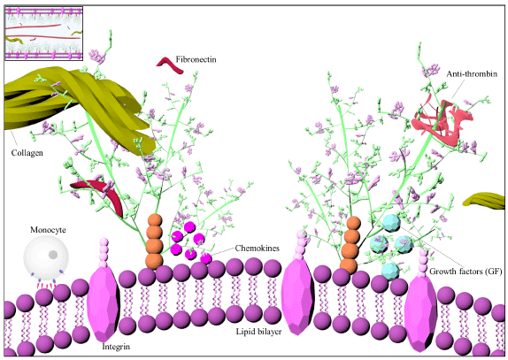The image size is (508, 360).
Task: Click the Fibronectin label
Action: [196, 59]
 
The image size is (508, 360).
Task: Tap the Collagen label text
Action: [27, 153]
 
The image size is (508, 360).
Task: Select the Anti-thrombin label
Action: [472, 73]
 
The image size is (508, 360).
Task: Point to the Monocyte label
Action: [48, 230]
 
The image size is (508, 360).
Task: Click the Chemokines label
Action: [258, 249]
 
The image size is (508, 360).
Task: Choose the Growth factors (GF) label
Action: [466, 272]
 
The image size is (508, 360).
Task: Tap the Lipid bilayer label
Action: [258, 332]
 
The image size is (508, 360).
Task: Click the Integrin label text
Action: [116, 347]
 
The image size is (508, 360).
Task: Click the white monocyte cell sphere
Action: [46, 257]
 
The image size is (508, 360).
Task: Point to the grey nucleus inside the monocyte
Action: [53, 255]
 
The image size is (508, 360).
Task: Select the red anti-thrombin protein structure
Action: [442, 119]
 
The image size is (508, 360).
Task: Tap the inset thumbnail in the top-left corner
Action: [43, 34]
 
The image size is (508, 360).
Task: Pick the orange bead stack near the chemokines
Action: [154, 241]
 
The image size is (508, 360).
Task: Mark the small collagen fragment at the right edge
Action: [485, 200]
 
